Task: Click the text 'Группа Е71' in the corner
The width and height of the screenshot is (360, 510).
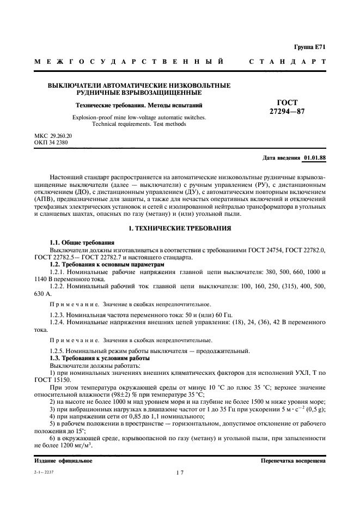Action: click(x=310, y=48)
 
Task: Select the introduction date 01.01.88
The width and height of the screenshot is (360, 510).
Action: click(x=314, y=157)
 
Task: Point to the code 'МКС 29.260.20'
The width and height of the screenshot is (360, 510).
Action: click(x=53, y=135)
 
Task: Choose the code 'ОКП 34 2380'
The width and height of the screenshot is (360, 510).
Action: click(x=51, y=142)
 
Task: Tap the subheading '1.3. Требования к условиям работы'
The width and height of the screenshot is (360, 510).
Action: click(x=100, y=358)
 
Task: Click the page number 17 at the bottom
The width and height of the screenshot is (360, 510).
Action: click(x=179, y=473)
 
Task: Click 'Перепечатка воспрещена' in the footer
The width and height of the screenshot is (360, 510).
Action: click(x=294, y=460)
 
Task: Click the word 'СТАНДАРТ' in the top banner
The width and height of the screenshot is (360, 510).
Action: click(x=287, y=62)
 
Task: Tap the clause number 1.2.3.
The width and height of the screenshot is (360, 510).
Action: click(x=58, y=315)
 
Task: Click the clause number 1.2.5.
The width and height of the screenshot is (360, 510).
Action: click(x=58, y=350)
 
